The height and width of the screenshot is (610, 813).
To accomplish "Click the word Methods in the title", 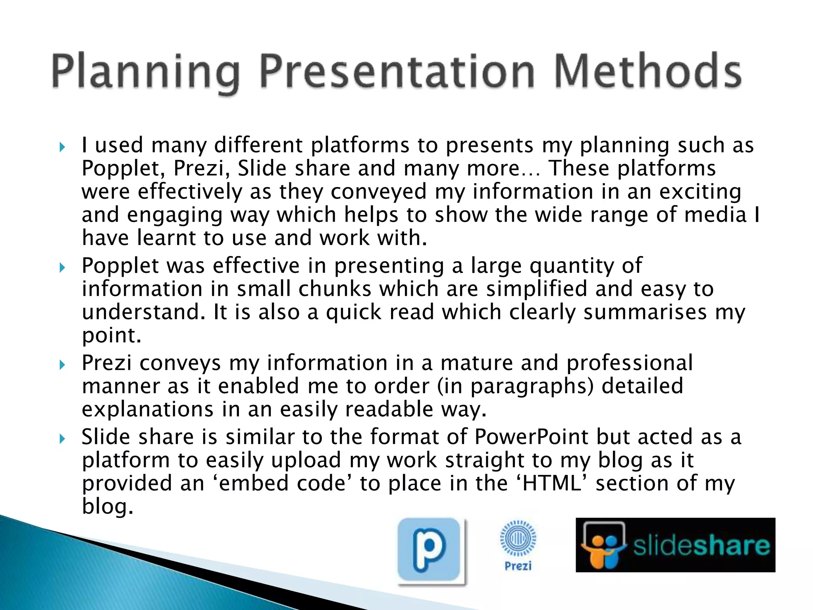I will tap(647, 71).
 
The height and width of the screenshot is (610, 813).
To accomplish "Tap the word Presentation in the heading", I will tap(397, 71).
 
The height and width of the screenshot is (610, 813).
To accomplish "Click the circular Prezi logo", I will tap(518, 539).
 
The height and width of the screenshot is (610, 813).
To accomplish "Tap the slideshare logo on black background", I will tap(675, 545).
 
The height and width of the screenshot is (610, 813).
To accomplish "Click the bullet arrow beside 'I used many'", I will tap(62, 147).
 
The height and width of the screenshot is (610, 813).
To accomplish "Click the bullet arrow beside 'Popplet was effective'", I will tap(62, 268).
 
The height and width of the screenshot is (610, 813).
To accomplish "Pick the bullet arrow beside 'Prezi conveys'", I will tap(62, 365).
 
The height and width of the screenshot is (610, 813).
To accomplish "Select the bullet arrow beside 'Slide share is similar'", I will tap(62, 439).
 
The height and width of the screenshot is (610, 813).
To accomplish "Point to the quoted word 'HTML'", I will tap(552, 483).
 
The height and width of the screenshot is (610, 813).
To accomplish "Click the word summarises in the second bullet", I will tap(645, 312).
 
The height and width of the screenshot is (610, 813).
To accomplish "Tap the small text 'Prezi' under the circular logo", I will tap(518, 566).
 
